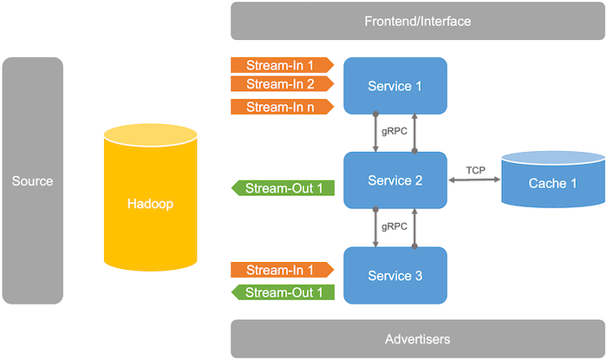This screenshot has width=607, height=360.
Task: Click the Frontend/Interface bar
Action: click(x=416, y=21)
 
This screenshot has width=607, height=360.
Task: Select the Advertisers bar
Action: click(x=416, y=338)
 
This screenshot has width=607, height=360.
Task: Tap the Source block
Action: click(x=33, y=180)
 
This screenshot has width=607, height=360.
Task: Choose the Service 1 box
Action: click(x=395, y=86)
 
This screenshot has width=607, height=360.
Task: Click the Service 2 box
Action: click(x=395, y=180)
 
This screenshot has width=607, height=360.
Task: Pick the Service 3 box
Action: click(x=395, y=275)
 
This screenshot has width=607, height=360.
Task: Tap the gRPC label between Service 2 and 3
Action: click(x=395, y=226)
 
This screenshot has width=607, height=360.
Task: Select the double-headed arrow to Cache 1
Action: click(x=474, y=180)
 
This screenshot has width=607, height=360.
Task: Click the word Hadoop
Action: click(x=152, y=205)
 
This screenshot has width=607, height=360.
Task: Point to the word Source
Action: click(x=33, y=180)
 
